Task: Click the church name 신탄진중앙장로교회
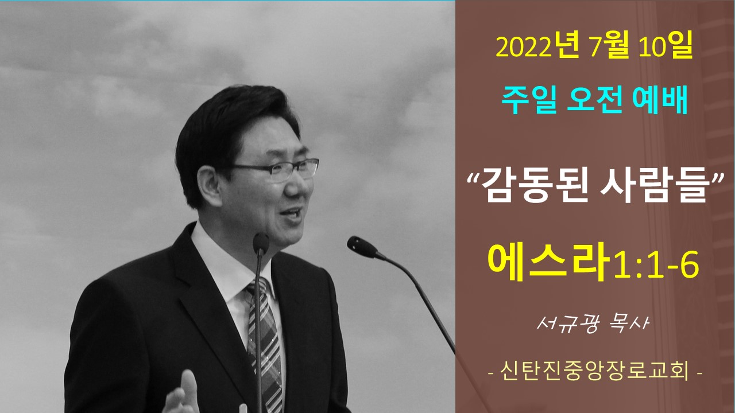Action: [x=595, y=372]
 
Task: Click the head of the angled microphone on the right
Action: [x=362, y=247]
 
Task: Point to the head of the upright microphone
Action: [x=261, y=244]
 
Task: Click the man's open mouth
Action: [x=291, y=213]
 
